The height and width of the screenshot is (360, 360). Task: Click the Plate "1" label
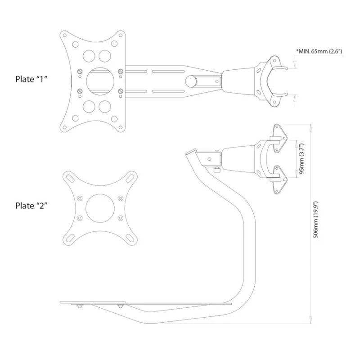tap(31, 79)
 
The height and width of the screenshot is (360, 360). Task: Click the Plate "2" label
tap(31, 206)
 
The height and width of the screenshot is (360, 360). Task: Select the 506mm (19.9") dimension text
tap(316, 220)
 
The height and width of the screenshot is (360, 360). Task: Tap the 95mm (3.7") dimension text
tap(301, 159)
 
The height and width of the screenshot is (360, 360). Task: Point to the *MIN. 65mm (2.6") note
tap(319, 51)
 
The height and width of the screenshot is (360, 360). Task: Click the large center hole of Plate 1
tap(100, 81)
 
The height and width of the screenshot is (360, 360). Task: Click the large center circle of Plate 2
tap(100, 208)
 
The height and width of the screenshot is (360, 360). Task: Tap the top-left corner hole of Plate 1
tap(65, 36)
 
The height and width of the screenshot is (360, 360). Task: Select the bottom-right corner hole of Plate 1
tap(120, 127)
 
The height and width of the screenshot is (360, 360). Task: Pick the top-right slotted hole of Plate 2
tap(130, 178)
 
